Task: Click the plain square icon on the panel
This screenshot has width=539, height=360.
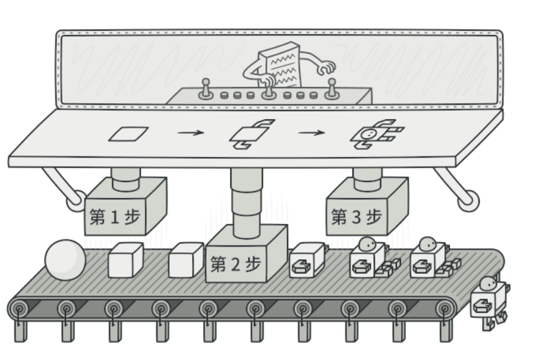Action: coord(128,134)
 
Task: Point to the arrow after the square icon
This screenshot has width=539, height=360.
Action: coord(191,133)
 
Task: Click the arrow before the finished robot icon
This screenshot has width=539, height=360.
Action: coord(311,133)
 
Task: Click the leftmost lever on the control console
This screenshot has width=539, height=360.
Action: coord(205,90)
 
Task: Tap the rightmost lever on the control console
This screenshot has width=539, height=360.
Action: coord(332,90)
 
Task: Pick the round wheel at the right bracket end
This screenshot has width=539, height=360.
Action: coord(468,201)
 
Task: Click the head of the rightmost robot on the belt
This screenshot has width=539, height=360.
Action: coord(428,243)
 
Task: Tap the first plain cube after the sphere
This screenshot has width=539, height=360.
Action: coord(126,260)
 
